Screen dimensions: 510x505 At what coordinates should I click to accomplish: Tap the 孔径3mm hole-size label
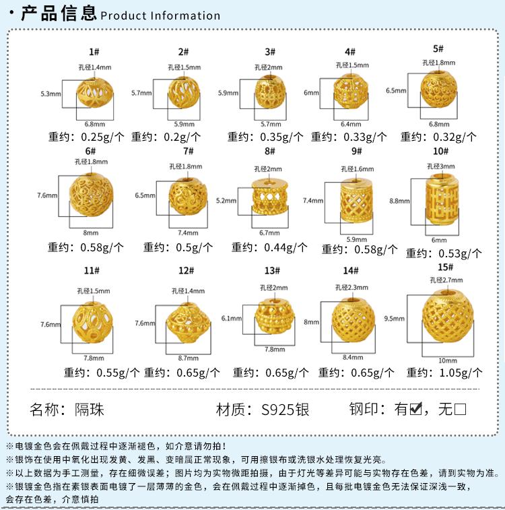click(x=441, y=166)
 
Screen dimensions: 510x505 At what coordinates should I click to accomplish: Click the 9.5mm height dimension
click(x=393, y=317)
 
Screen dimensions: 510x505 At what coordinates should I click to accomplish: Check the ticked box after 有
click(x=415, y=408)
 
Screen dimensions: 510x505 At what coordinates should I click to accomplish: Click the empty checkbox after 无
click(x=461, y=408)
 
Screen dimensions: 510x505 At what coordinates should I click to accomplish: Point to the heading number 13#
click(x=272, y=271)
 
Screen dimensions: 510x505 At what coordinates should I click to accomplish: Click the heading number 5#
click(x=438, y=49)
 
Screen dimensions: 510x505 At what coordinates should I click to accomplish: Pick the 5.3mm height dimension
click(x=51, y=94)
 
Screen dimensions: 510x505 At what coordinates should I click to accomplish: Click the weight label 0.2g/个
click(x=160, y=137)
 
